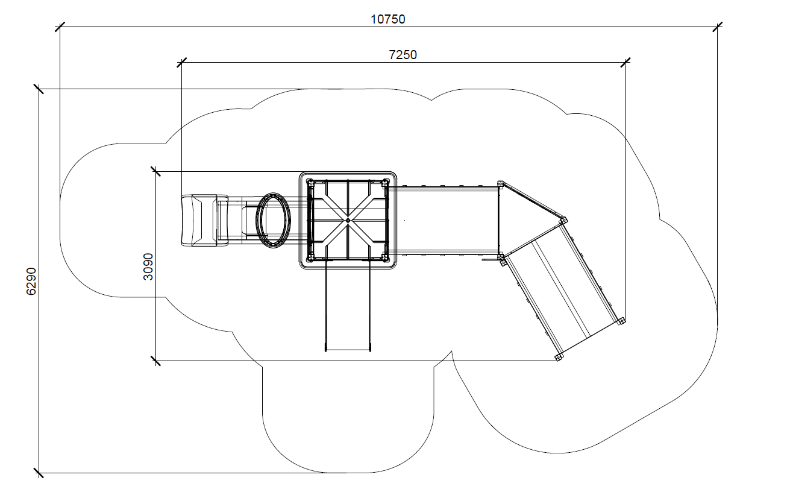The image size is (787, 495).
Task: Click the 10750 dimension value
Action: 388,19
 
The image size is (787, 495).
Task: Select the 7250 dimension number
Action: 403,55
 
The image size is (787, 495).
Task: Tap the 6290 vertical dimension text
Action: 31,281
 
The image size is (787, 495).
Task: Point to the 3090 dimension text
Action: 148,266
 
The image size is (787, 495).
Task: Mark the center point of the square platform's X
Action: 348,221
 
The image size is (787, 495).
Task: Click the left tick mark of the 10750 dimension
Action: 60,27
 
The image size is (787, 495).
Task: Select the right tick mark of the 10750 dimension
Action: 718,27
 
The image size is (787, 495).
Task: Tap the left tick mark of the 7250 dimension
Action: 181,63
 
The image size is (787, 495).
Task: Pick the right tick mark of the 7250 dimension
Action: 626,63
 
